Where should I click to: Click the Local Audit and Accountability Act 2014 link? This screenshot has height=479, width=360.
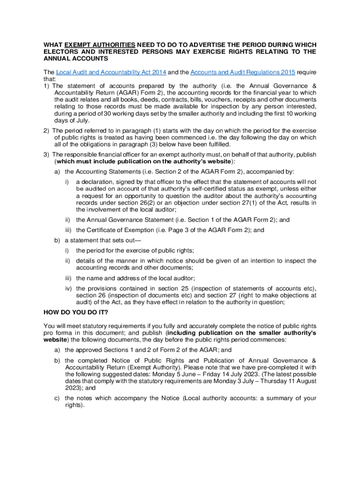pos(111,72)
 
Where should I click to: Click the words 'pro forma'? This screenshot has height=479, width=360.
pos(57,333)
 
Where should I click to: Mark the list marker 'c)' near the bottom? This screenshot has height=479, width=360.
pos(57,398)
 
